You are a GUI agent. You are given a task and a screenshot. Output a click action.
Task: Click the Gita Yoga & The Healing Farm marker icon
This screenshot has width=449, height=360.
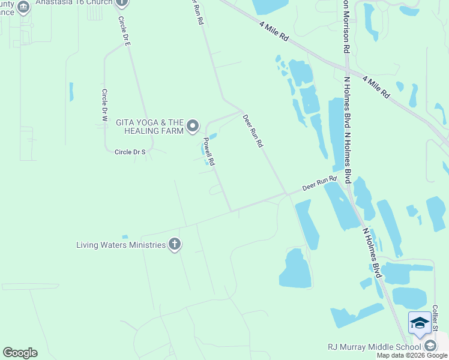[193, 126]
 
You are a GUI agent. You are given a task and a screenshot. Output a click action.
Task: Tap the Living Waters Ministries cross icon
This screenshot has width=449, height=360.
[174, 244]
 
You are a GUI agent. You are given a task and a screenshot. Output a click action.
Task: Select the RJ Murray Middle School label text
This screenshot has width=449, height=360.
[375, 346]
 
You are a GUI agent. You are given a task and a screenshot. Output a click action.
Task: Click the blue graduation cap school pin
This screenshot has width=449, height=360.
[420, 323]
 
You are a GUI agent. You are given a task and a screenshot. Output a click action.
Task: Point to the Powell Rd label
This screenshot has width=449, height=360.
[209, 152]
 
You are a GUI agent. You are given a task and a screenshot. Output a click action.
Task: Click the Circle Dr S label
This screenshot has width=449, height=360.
[131, 152]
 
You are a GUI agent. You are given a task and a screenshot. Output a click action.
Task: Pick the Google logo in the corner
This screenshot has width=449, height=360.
[20, 353]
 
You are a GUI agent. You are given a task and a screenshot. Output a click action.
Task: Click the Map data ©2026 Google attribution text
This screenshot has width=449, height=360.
[412, 355]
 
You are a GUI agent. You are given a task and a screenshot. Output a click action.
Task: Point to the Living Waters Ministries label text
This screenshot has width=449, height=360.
[120, 245]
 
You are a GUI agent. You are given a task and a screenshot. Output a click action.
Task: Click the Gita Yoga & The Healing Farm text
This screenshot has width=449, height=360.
[150, 126]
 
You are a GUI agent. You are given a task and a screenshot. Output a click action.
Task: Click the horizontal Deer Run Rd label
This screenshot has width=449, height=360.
[319, 183]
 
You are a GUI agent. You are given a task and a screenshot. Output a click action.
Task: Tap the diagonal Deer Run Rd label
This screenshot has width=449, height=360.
[253, 131]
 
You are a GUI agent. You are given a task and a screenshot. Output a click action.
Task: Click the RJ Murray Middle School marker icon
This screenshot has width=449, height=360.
[430, 346]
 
